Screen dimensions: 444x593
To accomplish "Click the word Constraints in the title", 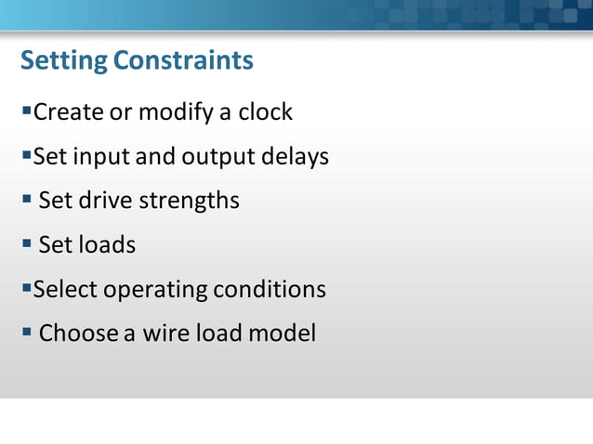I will [183, 60].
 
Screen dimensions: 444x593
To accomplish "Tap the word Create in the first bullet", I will [68, 112].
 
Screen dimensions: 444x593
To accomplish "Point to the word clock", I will [265, 112].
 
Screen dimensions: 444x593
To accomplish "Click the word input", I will [101, 157].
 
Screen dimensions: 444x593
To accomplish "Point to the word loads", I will [106, 245].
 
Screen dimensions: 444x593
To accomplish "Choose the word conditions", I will [270, 289].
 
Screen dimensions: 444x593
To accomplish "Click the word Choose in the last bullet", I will [78, 333].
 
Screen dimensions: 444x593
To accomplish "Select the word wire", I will [165, 333].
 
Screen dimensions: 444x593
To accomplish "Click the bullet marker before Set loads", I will [27, 244].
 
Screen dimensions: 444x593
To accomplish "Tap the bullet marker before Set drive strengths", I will [27, 200].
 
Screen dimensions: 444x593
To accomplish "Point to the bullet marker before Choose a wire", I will [27, 332].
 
